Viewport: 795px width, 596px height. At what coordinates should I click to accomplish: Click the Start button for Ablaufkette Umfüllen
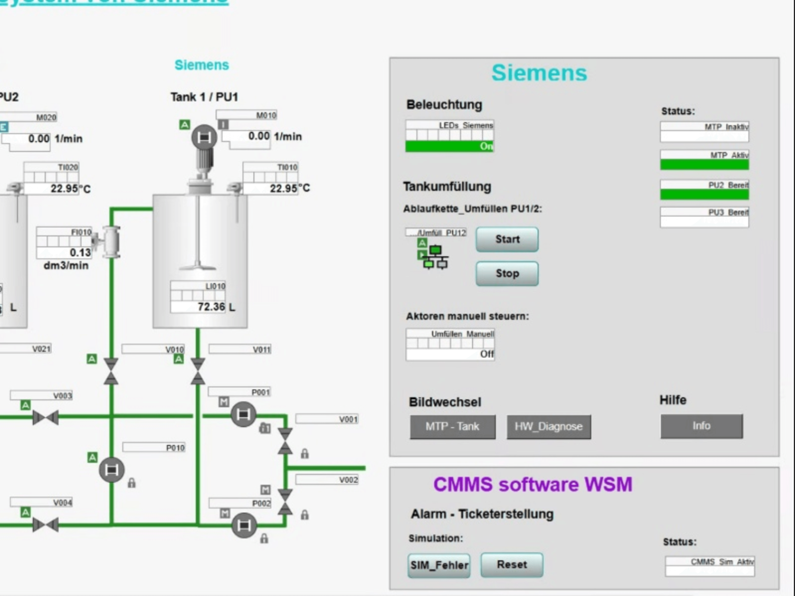click(x=507, y=239)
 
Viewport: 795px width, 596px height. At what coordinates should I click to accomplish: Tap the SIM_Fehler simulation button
click(x=439, y=565)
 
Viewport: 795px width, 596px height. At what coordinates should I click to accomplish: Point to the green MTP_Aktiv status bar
click(x=704, y=164)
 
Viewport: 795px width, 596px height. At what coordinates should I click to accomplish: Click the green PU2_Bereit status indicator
click(x=704, y=194)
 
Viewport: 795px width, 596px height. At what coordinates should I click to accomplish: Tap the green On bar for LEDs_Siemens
click(x=449, y=146)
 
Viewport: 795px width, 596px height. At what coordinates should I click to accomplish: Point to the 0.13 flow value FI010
click(x=80, y=253)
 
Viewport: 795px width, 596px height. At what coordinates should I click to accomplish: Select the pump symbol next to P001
click(x=243, y=414)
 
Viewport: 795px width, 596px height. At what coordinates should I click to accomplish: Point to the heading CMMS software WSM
click(x=533, y=484)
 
